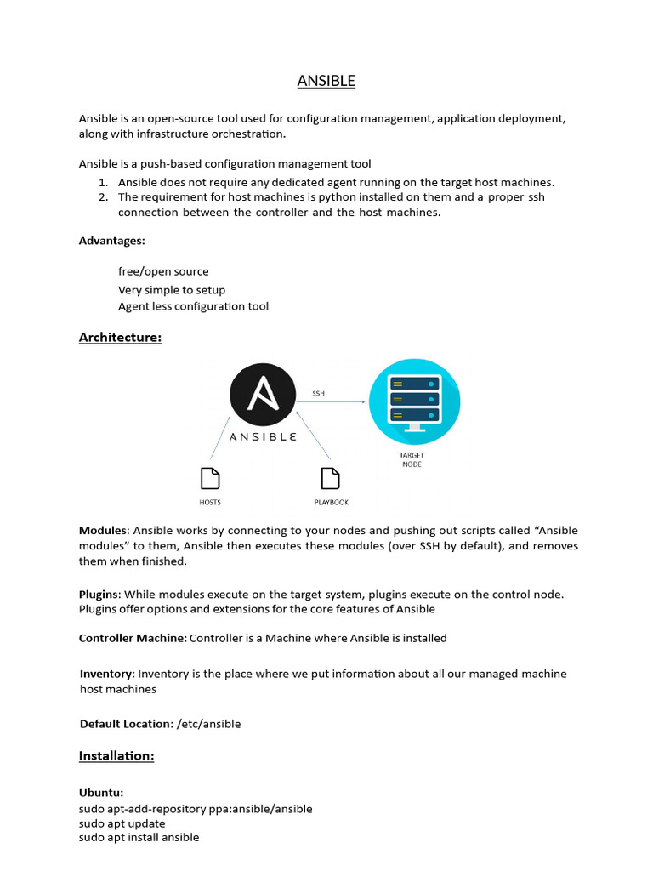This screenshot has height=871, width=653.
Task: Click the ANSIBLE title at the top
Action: (x=326, y=82)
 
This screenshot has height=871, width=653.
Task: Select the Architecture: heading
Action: (x=120, y=338)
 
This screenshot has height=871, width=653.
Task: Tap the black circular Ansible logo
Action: (x=264, y=393)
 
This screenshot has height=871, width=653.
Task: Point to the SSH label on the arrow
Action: (x=319, y=394)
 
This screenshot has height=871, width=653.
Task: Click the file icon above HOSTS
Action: (x=210, y=479)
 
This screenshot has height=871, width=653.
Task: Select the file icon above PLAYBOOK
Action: (x=331, y=479)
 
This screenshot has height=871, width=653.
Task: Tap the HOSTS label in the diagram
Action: (x=210, y=503)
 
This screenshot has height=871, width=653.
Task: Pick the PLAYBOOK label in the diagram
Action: (x=331, y=503)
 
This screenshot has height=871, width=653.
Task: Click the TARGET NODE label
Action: (x=412, y=459)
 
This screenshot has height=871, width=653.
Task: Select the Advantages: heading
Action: (x=112, y=241)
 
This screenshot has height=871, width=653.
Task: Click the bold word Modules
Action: (x=104, y=531)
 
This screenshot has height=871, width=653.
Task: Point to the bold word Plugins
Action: (x=99, y=594)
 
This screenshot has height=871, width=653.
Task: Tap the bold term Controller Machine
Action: (x=132, y=638)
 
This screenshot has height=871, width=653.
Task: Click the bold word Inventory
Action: (x=106, y=674)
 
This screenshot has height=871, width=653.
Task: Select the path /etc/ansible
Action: (x=208, y=724)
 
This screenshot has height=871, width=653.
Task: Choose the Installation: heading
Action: (x=116, y=755)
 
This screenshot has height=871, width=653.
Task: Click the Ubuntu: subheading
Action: (x=101, y=793)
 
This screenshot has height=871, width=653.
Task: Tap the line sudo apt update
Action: (x=122, y=823)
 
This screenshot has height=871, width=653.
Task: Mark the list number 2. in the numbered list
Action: (x=103, y=197)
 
